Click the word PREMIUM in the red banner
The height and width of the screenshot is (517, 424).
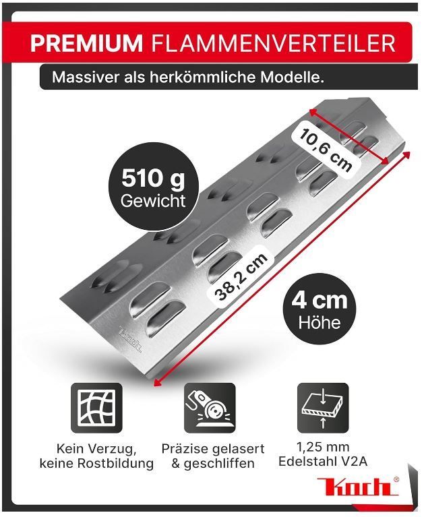86,43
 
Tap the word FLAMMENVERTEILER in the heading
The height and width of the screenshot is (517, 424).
273,43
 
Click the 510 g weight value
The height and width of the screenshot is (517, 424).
153,179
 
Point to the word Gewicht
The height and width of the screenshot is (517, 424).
153,201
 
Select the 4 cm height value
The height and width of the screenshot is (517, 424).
319,301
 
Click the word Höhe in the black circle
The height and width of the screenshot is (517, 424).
319,322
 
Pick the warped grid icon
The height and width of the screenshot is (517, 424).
96,408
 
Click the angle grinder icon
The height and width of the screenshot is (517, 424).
210,408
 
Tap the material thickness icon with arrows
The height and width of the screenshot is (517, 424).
323,408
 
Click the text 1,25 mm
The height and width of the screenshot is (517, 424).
323,447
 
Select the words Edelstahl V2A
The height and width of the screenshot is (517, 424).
323,461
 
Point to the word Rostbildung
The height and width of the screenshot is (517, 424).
115,463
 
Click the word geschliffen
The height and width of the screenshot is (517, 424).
219,464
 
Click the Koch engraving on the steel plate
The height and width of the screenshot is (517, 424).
129,338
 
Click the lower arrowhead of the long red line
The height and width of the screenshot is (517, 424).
157,382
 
